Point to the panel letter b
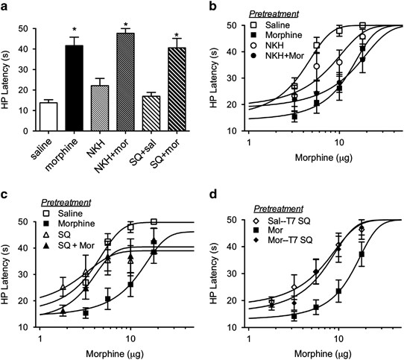click(214, 7)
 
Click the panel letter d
click(214, 188)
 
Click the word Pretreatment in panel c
click(66, 202)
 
